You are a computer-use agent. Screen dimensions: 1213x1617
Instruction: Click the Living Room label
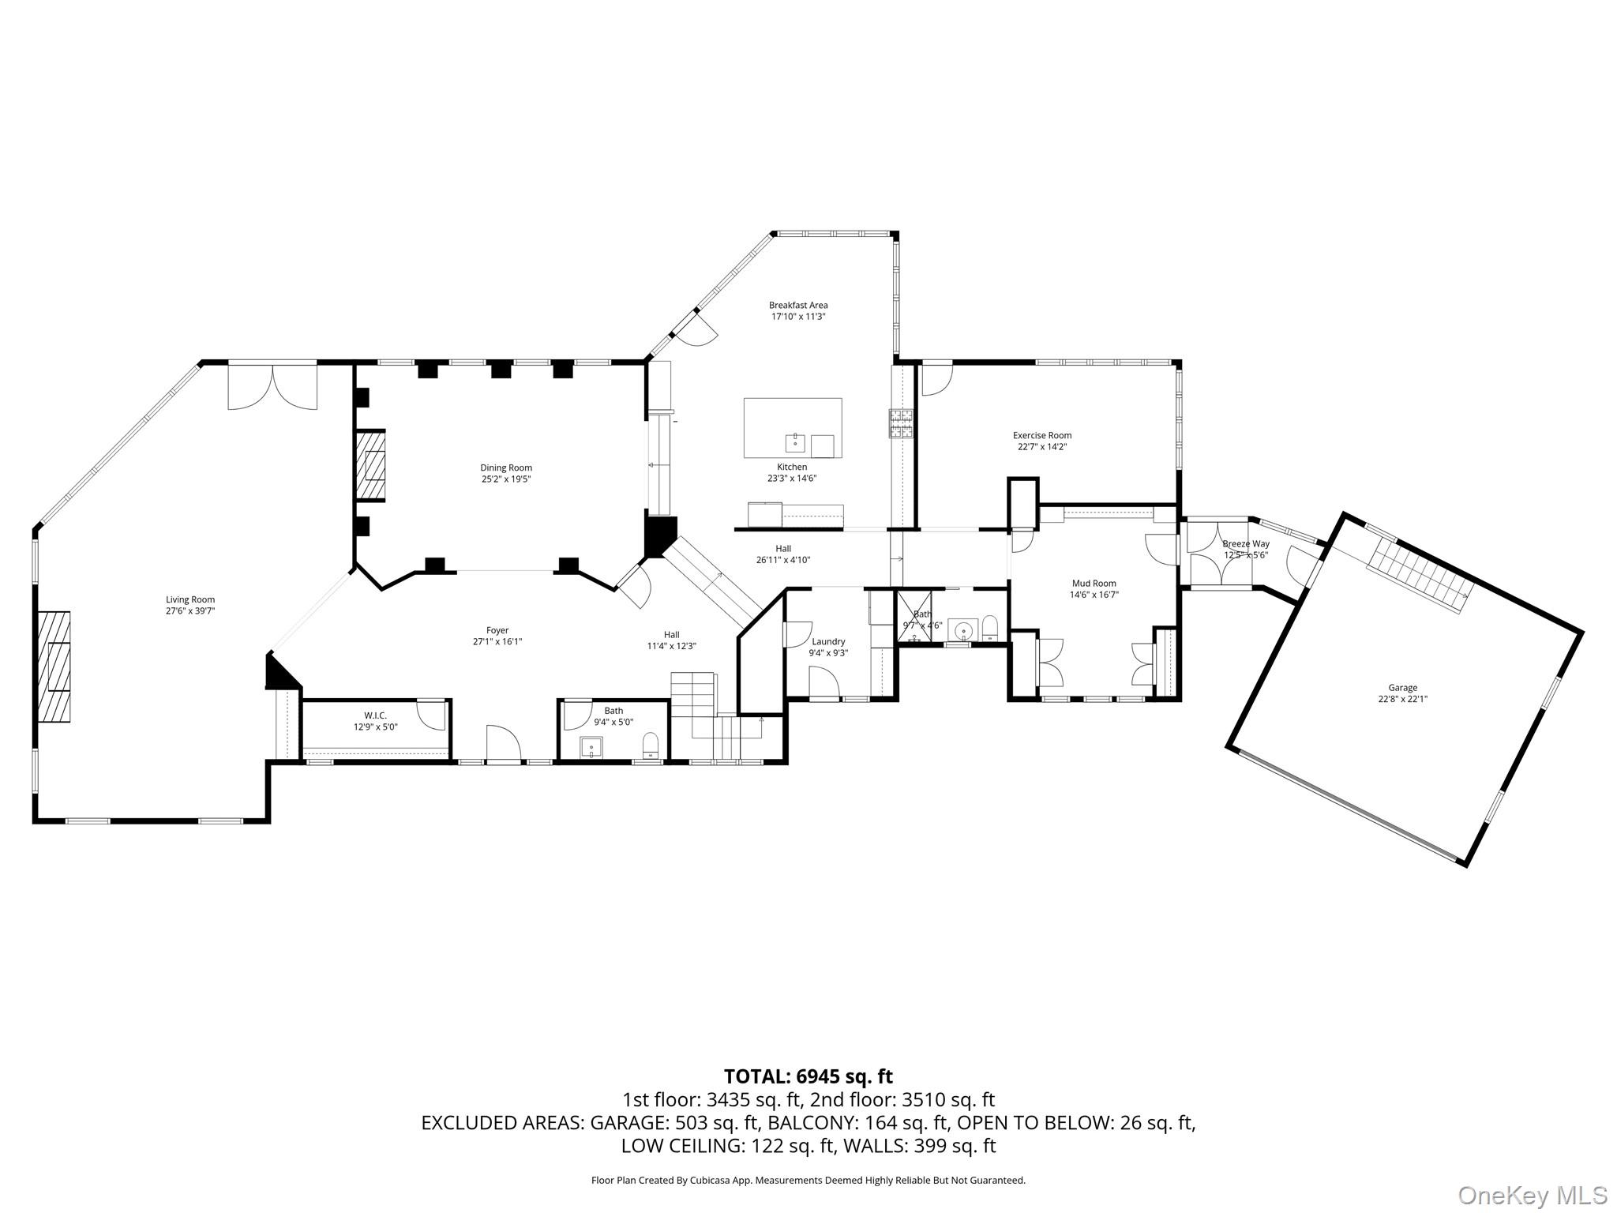pos(189,599)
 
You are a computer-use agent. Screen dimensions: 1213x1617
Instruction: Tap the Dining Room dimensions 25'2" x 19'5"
pos(506,479)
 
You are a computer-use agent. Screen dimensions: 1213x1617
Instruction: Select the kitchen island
pos(792,427)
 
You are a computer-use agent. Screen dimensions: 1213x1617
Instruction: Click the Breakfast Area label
pos(798,305)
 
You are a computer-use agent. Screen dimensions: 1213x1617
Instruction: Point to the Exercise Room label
pos(1042,435)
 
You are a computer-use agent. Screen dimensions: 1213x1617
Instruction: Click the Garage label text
pos(1402,688)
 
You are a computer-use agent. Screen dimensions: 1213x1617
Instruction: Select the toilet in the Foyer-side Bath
pos(651,745)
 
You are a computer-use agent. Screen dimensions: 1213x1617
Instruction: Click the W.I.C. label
pos(375,715)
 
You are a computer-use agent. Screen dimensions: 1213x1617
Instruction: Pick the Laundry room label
pos(828,642)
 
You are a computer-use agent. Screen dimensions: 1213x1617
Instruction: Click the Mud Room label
pos(1094,584)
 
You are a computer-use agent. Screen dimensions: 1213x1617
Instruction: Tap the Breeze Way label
pos(1245,544)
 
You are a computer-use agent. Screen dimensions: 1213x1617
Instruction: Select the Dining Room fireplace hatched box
pos(371,465)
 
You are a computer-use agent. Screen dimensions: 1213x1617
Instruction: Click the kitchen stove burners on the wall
pos(901,423)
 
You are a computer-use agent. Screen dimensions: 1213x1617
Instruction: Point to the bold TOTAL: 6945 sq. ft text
pos(808,1076)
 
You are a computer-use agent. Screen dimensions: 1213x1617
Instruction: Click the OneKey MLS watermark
pos(1533,1195)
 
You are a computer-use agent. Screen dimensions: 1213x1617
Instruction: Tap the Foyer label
pos(497,630)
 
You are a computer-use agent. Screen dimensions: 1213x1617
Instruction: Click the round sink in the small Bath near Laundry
pos(962,630)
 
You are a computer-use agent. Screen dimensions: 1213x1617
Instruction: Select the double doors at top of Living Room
pos(272,387)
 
